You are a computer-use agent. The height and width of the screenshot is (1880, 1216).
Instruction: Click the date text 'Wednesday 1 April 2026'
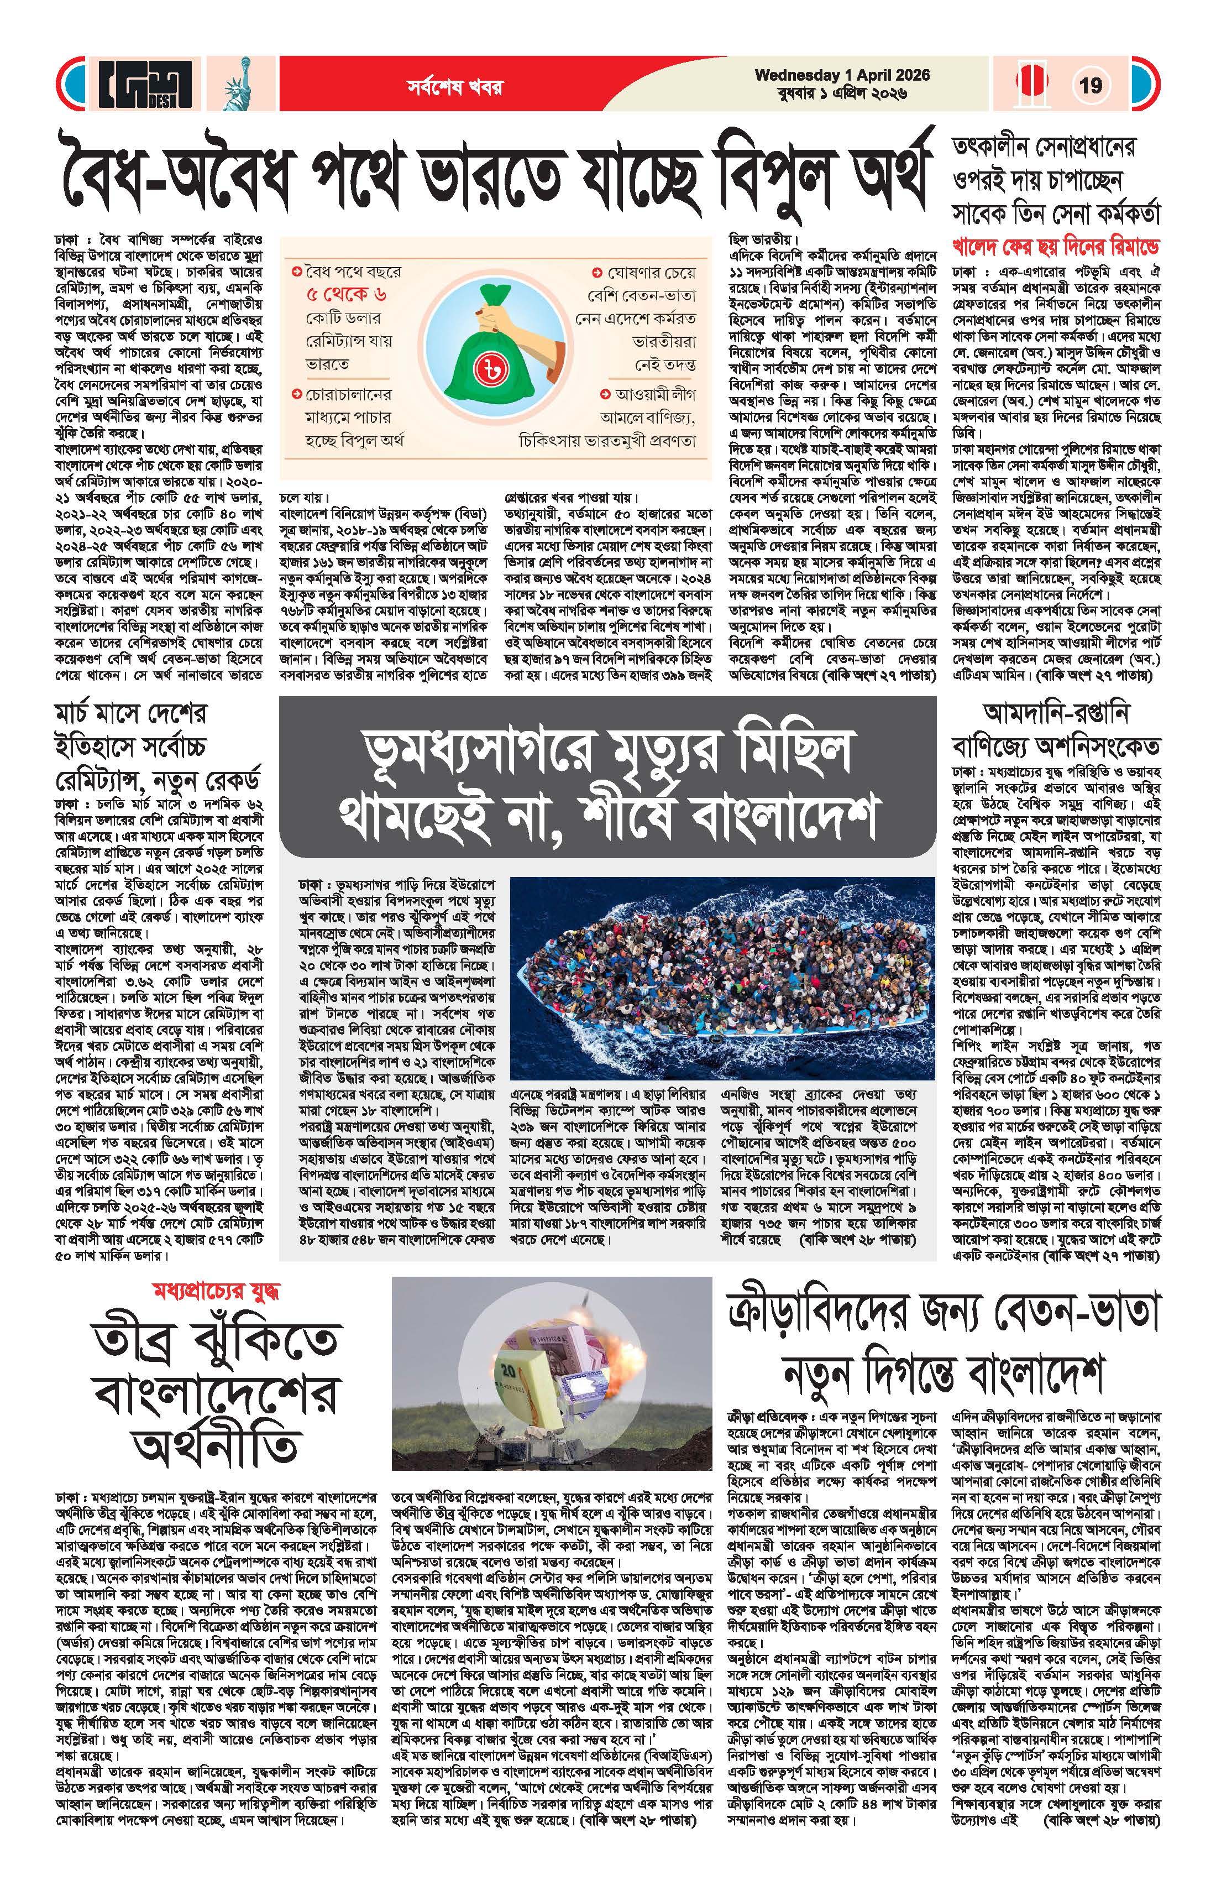(842, 75)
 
